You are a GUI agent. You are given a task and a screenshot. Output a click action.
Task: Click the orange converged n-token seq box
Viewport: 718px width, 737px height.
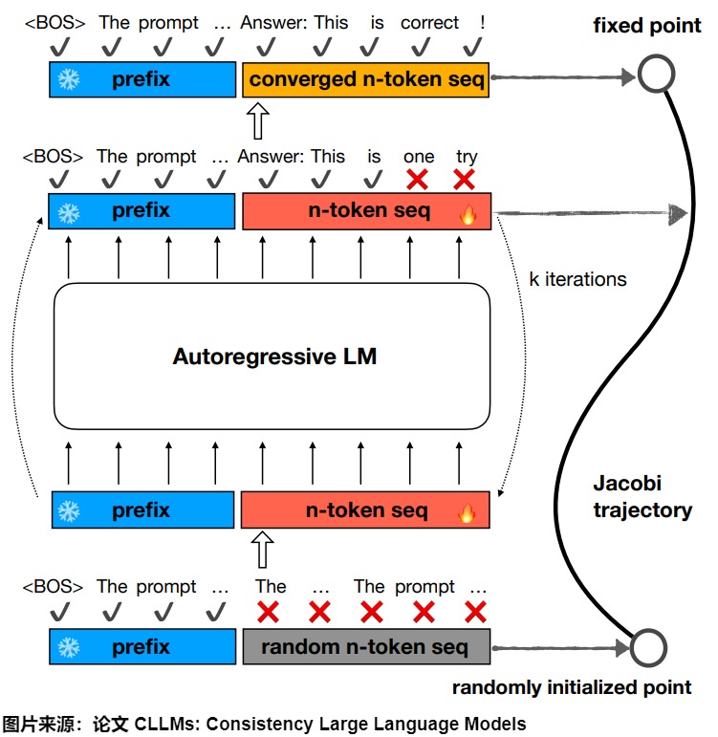[367, 79]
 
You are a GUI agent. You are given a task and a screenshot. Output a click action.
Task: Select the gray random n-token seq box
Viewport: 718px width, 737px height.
[365, 647]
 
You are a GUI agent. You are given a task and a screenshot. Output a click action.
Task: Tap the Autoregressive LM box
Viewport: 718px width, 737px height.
[273, 358]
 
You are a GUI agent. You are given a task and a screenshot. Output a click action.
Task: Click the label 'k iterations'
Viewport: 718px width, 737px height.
[577, 279]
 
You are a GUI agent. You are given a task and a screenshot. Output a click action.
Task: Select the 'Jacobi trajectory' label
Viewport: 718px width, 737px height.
[642, 497]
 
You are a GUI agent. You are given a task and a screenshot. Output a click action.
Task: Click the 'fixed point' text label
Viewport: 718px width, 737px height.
[647, 26]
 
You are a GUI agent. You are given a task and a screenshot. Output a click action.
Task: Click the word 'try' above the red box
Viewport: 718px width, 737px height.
[467, 156]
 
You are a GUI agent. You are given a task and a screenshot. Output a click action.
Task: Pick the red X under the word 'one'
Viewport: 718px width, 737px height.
[417, 179]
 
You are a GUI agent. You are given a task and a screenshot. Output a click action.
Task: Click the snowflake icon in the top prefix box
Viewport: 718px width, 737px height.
[69, 79]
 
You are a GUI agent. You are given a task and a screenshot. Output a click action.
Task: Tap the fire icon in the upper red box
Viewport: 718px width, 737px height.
[468, 214]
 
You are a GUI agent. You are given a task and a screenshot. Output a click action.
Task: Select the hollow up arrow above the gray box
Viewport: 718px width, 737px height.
[261, 552]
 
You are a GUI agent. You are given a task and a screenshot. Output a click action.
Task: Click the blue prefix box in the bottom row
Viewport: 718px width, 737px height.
[141, 647]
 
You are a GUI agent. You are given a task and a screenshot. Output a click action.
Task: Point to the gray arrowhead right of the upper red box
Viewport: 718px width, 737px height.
[677, 213]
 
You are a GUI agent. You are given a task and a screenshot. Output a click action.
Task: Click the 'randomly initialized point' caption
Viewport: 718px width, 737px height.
[571, 687]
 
